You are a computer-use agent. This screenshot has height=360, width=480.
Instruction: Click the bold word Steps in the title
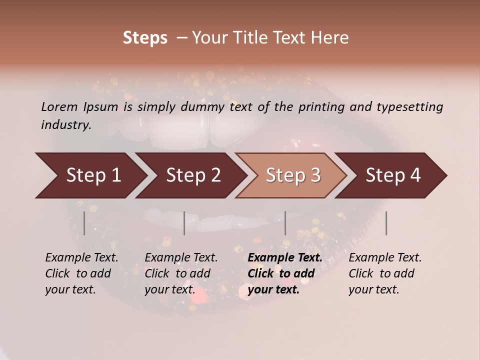[145, 38]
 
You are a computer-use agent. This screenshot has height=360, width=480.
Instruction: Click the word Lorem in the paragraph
[59, 106]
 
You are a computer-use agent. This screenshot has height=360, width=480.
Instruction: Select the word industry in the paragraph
[65, 124]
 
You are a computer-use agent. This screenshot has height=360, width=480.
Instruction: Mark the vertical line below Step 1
[84, 223]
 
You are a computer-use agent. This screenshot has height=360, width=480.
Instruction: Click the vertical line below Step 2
[184, 223]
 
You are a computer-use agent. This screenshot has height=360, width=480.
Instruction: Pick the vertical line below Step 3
[285, 223]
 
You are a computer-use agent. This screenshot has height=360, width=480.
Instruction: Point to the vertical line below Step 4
[386, 223]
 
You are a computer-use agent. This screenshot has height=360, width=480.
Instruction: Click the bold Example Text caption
[285, 273]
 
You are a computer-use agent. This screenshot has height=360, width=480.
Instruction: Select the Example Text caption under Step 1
[81, 273]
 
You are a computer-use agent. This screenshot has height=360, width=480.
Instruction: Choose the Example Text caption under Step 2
[181, 273]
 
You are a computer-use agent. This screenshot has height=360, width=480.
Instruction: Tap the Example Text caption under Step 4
[385, 273]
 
